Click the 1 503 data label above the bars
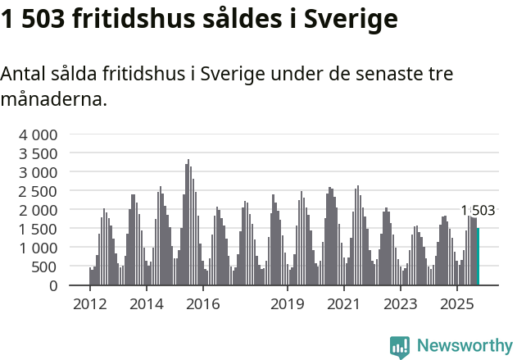click(478, 211)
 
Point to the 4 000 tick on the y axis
click(39, 134)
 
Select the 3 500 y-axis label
click(39, 153)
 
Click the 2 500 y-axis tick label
click(39, 191)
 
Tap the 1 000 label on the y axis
click(39, 248)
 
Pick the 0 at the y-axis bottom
click(52, 285)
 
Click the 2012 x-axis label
click(89, 304)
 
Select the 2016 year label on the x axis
click(203, 304)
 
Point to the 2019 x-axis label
click(287, 304)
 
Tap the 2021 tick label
click(343, 304)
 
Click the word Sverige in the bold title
click(350, 19)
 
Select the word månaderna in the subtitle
click(53, 100)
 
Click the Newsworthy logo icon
click(400, 346)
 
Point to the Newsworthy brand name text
click(465, 346)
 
